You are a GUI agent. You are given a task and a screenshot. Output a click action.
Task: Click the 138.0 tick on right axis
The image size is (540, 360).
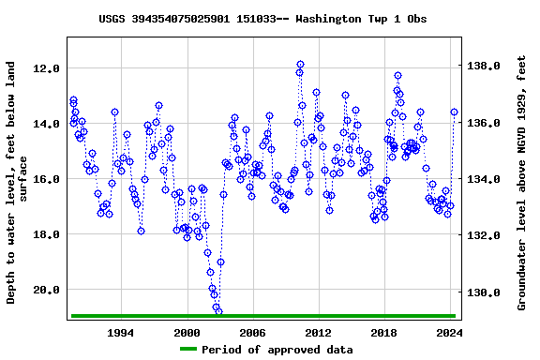point(486,67)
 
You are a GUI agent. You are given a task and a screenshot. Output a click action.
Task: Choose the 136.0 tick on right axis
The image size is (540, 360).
point(486,124)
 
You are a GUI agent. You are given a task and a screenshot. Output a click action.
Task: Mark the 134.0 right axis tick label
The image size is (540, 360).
point(486,180)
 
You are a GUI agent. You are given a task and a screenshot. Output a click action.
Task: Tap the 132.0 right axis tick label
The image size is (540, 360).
point(486,236)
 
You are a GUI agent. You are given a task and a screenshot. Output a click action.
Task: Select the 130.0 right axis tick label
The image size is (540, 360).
point(486,293)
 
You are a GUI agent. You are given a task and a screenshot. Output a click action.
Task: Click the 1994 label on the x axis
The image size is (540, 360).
point(121,333)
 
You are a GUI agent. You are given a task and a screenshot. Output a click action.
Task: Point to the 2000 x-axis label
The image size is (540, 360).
point(187,333)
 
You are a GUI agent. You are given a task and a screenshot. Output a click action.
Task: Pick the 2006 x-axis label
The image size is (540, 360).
point(252,333)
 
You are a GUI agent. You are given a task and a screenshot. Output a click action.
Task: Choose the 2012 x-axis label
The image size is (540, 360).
point(318,333)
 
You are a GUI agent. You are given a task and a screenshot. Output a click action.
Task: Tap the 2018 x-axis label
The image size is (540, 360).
point(383,333)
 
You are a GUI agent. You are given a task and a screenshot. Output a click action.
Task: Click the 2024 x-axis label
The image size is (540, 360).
point(449,333)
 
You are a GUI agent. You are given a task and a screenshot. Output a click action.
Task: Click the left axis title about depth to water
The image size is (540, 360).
point(17,183)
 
